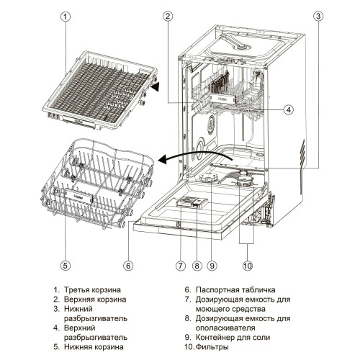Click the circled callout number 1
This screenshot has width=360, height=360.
point(66,17)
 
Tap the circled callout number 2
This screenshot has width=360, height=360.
point(168,16)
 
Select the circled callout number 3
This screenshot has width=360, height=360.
point(318,16)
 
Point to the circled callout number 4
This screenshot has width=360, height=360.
point(289,109)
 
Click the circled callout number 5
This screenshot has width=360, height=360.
point(66,266)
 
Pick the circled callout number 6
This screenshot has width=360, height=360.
point(128,266)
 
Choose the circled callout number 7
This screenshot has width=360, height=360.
point(181,266)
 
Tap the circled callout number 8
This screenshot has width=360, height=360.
point(197,266)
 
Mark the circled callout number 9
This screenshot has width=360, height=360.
point(212,266)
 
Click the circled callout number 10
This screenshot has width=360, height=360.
point(248,266)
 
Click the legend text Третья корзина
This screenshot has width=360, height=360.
point(92,289)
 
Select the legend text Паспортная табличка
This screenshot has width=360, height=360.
point(235,289)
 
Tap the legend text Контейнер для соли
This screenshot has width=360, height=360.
point(233,337)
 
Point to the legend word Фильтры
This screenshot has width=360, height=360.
point(212,347)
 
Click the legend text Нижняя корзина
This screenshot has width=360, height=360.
point(94,347)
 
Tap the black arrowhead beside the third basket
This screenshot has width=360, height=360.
point(155,86)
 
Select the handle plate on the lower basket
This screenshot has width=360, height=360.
point(78,196)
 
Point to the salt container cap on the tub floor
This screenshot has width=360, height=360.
point(208,178)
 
